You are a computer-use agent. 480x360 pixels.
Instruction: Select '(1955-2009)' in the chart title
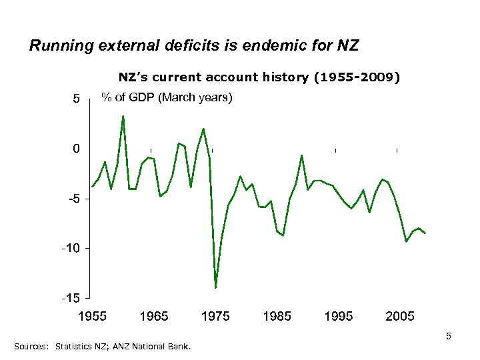[357, 77]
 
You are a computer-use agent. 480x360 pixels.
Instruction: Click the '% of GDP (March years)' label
[166, 97]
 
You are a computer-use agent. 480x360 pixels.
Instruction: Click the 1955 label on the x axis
[93, 316]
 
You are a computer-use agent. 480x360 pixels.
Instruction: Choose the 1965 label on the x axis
[154, 316]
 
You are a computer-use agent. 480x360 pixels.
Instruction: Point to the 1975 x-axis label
[215, 316]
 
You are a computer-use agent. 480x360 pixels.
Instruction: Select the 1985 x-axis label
[277, 316]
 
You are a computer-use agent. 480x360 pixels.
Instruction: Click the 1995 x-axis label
[338, 316]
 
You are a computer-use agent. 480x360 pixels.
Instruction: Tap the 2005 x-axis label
[399, 316]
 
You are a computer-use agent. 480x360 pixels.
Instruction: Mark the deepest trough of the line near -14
[215, 287]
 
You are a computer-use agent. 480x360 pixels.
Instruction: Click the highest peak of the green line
[123, 117]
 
